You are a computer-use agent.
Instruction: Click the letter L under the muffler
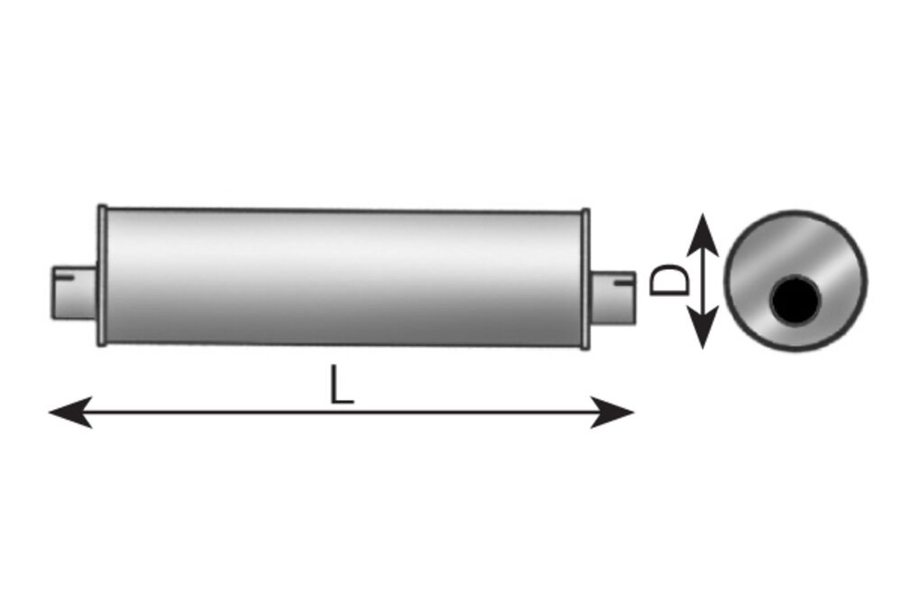(x=342, y=384)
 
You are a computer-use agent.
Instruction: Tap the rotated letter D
(x=669, y=281)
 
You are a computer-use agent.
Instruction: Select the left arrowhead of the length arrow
(x=70, y=412)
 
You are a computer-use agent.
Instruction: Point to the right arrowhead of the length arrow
(x=612, y=412)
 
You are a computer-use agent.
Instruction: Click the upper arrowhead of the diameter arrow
(x=703, y=235)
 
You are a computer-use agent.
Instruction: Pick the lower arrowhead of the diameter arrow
(x=703, y=328)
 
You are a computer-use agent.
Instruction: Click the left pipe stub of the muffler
(x=75, y=292)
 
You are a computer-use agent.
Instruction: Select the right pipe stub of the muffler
(x=612, y=297)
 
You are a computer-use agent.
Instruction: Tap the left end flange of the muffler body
(x=102, y=275)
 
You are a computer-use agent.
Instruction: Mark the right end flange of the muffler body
(x=585, y=279)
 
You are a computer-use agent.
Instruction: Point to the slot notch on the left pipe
(x=64, y=279)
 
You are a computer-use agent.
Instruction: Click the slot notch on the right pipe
(x=623, y=282)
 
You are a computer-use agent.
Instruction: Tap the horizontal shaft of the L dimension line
(x=342, y=412)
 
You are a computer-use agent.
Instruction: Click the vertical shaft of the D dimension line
(x=703, y=281)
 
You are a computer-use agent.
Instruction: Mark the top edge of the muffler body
(x=344, y=210)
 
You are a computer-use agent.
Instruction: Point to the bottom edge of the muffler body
(x=344, y=344)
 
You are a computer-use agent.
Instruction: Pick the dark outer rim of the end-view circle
(x=796, y=212)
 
